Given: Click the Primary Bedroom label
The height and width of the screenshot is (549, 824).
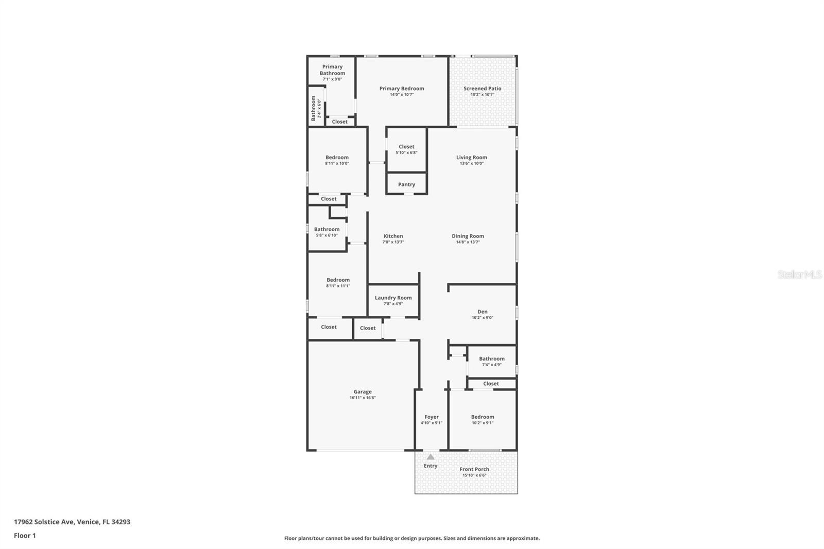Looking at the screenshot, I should [x=402, y=89].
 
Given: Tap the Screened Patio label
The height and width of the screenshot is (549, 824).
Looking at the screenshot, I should [x=482, y=89].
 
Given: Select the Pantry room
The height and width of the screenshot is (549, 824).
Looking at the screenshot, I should [x=406, y=184].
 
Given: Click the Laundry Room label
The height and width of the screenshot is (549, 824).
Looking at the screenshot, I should [x=393, y=298].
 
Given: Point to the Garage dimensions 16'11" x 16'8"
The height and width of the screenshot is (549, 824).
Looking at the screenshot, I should [x=363, y=398].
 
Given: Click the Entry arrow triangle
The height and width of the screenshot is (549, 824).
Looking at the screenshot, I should [x=431, y=457].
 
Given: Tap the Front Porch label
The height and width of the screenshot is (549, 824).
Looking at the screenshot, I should [x=474, y=469].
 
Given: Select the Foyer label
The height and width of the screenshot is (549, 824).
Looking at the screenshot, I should [x=432, y=417].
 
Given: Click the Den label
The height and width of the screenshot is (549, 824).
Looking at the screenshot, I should [x=482, y=312].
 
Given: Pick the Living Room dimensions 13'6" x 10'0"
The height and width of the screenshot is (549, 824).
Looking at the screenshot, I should [x=471, y=163].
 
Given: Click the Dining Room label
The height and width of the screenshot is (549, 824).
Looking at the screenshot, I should [x=468, y=236].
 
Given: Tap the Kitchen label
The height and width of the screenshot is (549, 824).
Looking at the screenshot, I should [x=393, y=236].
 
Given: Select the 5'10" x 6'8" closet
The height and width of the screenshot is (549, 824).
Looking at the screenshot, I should [x=406, y=149].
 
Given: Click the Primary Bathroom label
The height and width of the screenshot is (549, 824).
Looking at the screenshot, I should [x=332, y=70].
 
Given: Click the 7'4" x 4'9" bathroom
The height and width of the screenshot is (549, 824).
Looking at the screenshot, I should [x=491, y=361].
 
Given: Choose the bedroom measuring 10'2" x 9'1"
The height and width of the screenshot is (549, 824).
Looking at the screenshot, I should [x=482, y=420].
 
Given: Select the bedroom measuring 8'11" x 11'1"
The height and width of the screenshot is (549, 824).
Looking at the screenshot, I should [x=338, y=283].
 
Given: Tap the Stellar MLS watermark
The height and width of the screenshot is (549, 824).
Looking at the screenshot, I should [x=799, y=274].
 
